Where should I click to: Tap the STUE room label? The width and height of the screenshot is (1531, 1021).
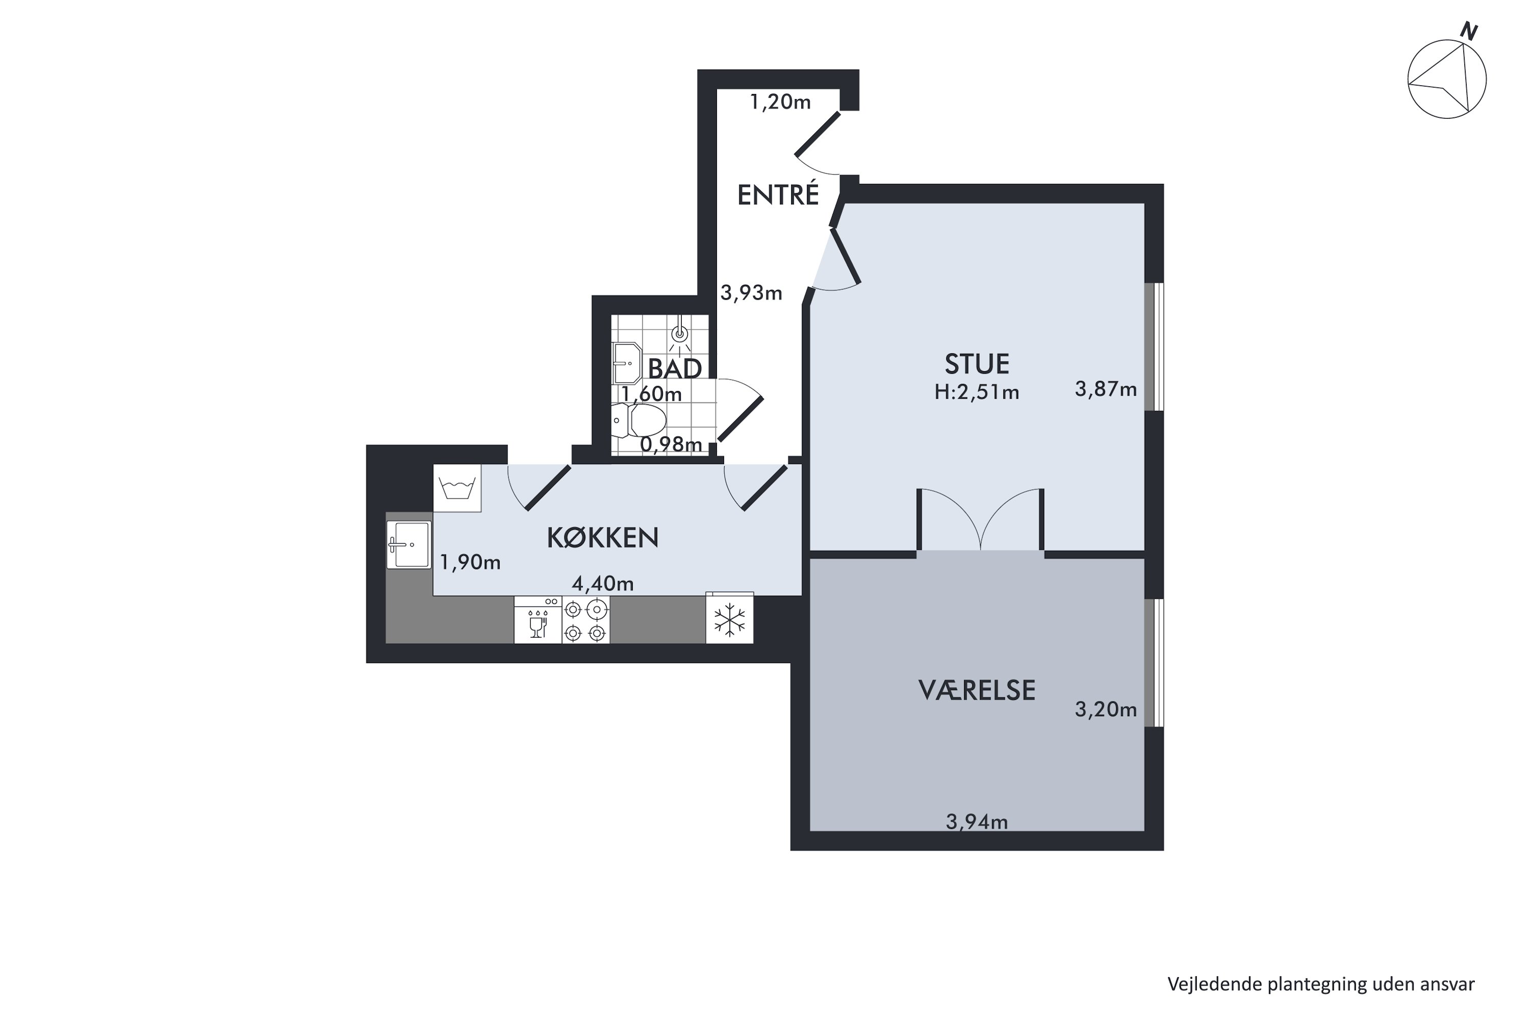click(977, 364)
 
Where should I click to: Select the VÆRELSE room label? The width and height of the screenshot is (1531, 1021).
click(977, 690)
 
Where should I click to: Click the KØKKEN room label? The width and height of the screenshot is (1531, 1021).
click(603, 538)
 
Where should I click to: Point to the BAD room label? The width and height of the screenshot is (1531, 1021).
click(675, 369)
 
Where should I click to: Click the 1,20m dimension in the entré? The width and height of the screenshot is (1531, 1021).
click(780, 102)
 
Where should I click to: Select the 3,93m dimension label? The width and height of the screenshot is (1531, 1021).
click(751, 293)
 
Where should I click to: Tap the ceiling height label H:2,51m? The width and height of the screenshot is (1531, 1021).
click(977, 392)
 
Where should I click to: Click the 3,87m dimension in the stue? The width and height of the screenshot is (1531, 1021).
click(1106, 390)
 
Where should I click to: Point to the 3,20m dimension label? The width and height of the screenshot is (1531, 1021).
click(1106, 709)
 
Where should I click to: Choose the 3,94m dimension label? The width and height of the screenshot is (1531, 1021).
click(977, 822)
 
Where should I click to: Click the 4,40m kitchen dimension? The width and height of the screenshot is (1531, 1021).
click(603, 584)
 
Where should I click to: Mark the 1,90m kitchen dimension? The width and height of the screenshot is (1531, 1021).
click(471, 562)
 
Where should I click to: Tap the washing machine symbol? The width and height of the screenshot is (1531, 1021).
click(458, 488)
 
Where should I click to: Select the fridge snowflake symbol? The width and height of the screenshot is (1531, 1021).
click(730, 619)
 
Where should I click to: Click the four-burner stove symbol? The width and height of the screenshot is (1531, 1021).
click(586, 621)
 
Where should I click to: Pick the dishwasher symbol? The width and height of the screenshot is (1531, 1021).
click(538, 621)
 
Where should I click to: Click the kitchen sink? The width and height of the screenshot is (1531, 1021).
click(409, 544)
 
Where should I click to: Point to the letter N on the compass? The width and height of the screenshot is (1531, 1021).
click(1469, 30)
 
